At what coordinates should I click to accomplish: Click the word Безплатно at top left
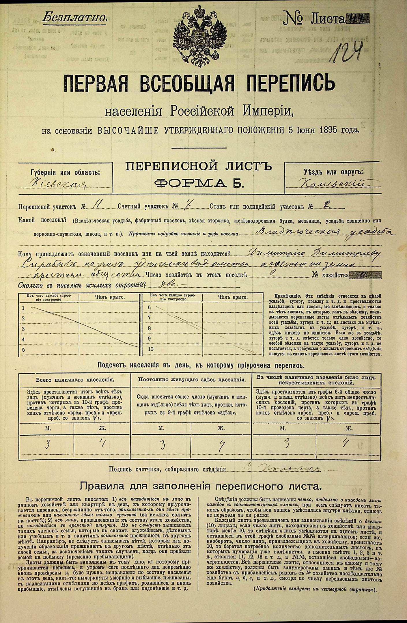coord(74,18)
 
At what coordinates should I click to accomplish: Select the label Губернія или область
coord(65,172)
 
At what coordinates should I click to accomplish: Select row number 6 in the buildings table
coord(150,307)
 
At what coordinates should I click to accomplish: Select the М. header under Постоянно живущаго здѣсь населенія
coord(161,428)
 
